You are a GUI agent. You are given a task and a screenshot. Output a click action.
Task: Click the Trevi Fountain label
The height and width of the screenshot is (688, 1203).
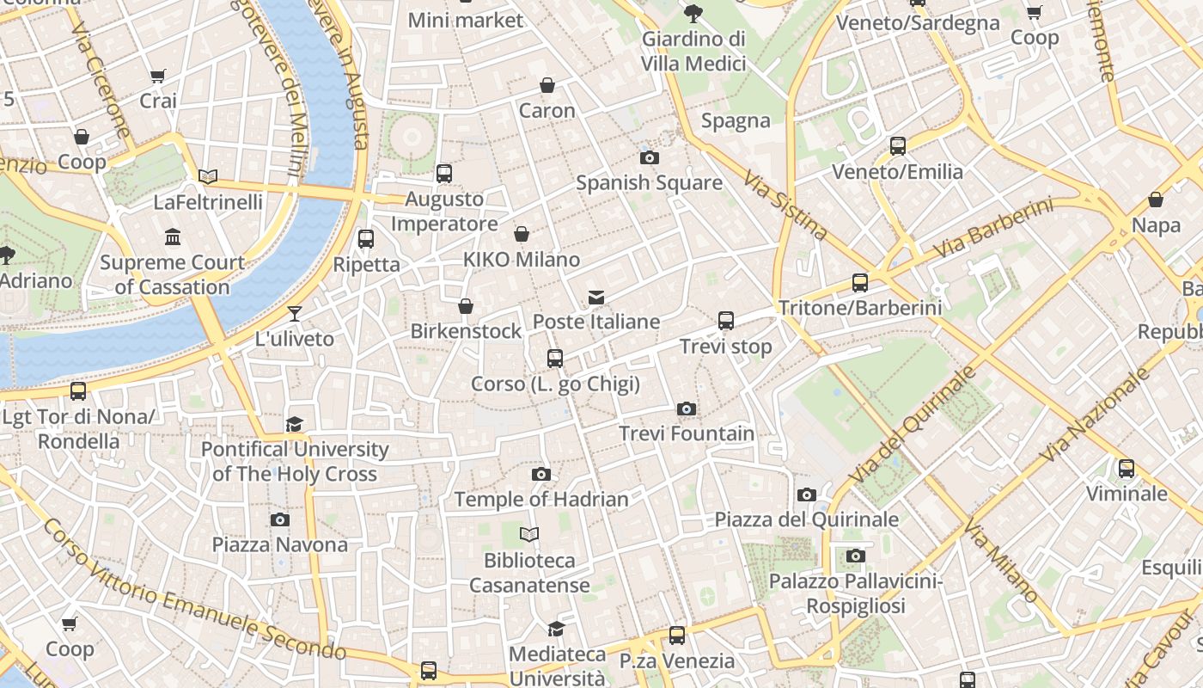coord(687,433)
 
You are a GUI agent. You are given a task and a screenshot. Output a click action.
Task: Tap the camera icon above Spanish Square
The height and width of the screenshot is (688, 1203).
coord(650,157)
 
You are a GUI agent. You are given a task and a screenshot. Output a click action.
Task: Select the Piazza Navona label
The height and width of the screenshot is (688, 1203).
coord(280,544)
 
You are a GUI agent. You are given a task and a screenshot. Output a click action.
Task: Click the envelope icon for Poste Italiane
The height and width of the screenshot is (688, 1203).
coord(596,298)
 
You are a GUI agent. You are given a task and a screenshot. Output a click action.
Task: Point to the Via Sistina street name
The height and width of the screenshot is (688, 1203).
coord(785,206)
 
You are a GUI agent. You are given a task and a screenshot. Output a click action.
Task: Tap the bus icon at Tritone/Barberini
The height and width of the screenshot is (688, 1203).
coord(859,282)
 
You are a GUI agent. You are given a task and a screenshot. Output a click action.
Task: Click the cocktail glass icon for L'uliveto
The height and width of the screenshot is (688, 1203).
coord(295,314)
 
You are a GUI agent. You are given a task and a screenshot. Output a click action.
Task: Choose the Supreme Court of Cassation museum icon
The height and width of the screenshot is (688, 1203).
coord(173,236)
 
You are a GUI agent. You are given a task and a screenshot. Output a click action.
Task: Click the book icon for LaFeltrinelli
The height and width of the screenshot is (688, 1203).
coord(207,176)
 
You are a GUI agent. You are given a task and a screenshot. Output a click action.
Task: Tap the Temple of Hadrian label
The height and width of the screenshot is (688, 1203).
coord(541,499)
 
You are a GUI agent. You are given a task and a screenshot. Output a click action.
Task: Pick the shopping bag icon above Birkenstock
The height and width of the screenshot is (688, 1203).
coord(466,306)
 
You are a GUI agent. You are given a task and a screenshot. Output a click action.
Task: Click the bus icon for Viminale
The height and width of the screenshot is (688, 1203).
coord(1126,469)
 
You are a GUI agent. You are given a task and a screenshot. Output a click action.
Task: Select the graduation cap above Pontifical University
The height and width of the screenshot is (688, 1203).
coord(295,424)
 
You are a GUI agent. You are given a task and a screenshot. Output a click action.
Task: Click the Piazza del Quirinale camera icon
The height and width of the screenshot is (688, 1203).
coord(806,494)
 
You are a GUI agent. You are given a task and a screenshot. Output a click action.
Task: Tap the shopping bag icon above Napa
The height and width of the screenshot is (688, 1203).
coord(1156,200)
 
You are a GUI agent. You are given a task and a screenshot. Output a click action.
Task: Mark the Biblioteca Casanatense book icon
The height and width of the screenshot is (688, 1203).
coord(529,534)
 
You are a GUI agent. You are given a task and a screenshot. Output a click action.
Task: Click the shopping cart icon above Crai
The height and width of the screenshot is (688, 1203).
coord(157,76)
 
